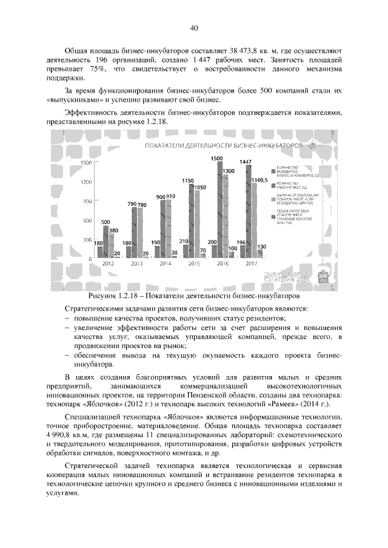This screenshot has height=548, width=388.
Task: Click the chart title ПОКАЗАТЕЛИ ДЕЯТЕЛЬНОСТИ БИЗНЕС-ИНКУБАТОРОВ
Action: tap(222, 147)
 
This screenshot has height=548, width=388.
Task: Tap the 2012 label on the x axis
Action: tap(108, 264)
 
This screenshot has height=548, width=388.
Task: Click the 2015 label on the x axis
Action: tap(194, 264)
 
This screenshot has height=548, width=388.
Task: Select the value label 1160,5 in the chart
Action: tap(258, 180)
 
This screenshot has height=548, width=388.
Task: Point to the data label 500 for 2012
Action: tap(105, 222)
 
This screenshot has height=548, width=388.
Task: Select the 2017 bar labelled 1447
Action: tap(247, 212)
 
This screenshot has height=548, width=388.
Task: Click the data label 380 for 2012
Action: tap(113, 231)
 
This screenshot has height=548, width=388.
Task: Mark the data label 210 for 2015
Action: tap(184, 241)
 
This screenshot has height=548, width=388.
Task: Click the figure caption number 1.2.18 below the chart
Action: tap(131, 297)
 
